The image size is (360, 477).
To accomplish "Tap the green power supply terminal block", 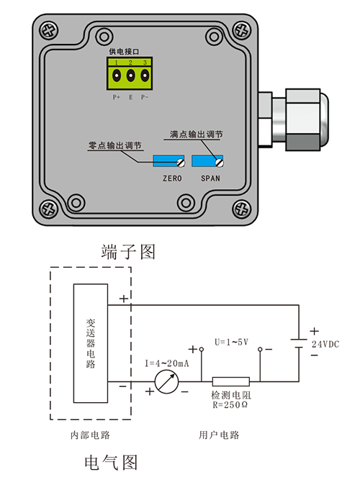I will [130, 73].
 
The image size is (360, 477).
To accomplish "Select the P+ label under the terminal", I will [117, 96].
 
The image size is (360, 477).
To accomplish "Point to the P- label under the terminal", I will [145, 96].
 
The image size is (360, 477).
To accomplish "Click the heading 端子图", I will [129, 252].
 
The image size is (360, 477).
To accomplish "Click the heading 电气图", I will [111, 461].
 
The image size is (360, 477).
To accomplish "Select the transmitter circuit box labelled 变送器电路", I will [91, 343].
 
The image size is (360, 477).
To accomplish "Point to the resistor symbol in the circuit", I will [230, 382].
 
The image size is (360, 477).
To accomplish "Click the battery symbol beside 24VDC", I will [299, 344].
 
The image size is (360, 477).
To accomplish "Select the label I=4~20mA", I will [167, 363].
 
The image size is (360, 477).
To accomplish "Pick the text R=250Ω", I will [230, 406].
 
